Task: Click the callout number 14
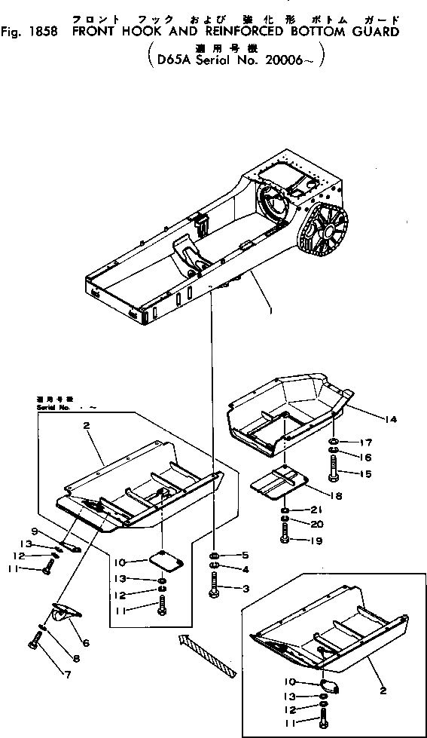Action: tap(391, 418)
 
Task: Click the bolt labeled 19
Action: tap(285, 538)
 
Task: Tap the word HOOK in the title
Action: tap(127, 32)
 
